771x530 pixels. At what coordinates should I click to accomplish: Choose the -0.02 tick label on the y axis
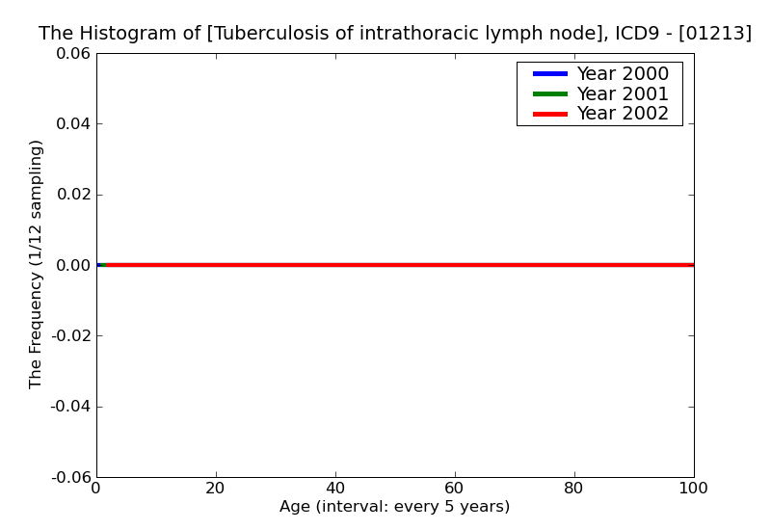click(x=68, y=335)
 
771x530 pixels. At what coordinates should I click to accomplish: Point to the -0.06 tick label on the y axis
click(x=68, y=477)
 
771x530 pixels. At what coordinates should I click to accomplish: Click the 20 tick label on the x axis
click(x=216, y=489)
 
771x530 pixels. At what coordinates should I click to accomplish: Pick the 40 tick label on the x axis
click(x=335, y=489)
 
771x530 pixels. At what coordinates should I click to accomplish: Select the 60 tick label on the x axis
click(x=455, y=489)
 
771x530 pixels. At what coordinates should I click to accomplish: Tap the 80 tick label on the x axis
click(x=574, y=489)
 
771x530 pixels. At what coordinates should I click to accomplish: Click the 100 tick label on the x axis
click(x=693, y=489)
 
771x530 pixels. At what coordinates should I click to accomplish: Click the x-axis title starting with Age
click(x=394, y=507)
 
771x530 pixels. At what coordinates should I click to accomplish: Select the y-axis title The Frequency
click(x=36, y=264)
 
